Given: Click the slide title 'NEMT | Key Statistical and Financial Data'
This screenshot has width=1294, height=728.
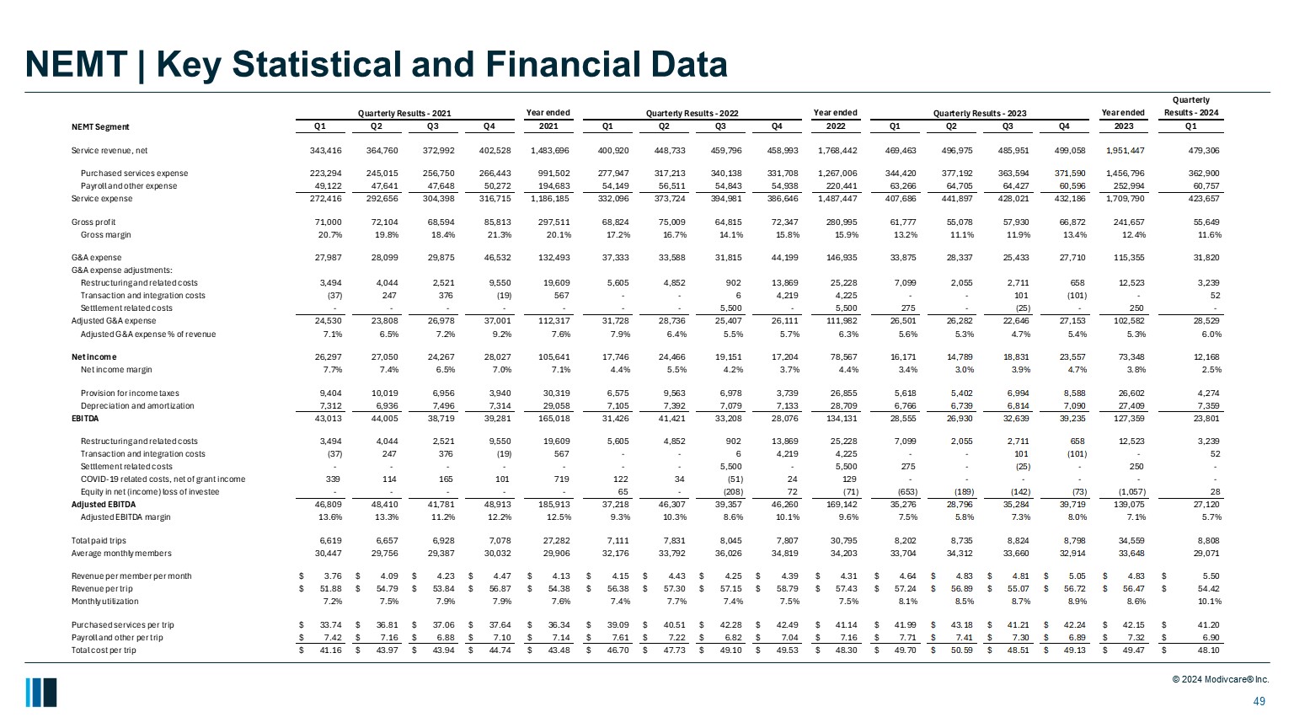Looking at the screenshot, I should (x=376, y=65).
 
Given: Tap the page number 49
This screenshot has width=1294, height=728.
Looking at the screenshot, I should (x=1259, y=702).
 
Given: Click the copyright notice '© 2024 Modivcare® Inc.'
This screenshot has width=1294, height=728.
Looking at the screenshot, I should (x=1220, y=680).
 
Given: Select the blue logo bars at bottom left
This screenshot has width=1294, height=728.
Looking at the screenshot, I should (x=40, y=692).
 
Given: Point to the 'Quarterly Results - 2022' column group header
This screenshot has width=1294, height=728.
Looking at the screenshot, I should (x=692, y=113).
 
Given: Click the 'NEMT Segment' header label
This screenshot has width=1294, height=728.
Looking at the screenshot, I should (x=100, y=127).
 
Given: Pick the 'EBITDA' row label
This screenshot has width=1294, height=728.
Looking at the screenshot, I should (x=85, y=419).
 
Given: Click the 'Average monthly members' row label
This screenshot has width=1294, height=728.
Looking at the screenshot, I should (x=121, y=554).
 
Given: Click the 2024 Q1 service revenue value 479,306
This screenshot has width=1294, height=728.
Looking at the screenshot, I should (x=1202, y=151).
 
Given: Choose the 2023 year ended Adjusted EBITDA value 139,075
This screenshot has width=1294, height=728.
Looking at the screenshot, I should (x=1126, y=505).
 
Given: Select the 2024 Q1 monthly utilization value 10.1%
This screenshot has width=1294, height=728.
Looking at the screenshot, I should (x=1207, y=602).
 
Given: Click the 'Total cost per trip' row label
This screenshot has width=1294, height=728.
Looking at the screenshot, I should (x=104, y=650).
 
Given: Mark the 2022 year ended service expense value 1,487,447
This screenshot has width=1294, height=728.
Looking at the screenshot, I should (x=837, y=199).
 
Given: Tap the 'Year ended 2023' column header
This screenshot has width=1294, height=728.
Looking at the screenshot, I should (x=1123, y=120).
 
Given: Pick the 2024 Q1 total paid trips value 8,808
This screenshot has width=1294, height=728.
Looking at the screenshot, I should (x=1207, y=541).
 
